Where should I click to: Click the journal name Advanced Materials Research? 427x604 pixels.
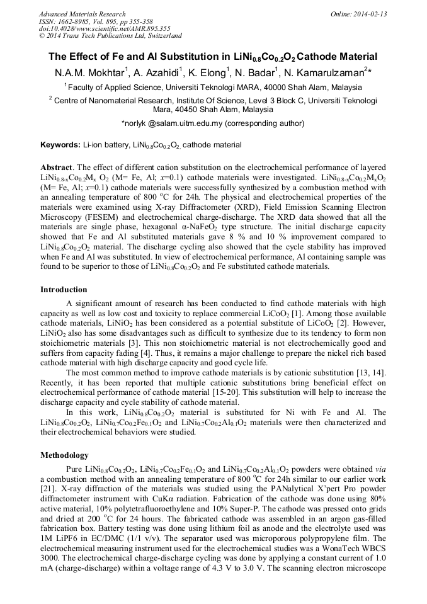pos(82,14)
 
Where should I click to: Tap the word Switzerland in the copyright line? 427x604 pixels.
pos(161,36)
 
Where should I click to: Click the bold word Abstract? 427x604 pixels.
pos(57,169)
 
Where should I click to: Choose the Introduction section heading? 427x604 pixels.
pos(64,290)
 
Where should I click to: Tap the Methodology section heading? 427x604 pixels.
pos(65,455)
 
